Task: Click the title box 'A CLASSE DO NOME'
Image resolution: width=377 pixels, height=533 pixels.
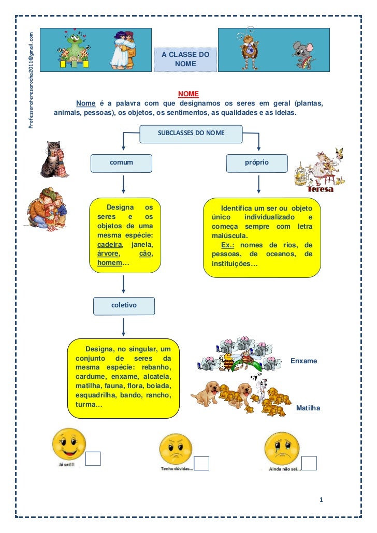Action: [x=185, y=59]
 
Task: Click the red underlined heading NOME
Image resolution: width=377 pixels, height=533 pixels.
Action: [x=189, y=94]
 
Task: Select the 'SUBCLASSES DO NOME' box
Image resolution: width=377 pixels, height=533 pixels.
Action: [x=191, y=133]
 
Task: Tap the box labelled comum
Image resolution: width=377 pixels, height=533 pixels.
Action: [x=121, y=162]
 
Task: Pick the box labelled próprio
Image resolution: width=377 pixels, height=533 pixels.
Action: [x=257, y=162]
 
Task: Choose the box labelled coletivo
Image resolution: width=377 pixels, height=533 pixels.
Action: [x=124, y=305]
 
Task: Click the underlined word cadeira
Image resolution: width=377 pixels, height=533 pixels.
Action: [x=110, y=245]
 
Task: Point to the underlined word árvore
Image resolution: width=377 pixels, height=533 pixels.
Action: [x=108, y=254]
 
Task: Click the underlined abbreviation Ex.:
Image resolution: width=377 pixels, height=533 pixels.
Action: [x=229, y=245]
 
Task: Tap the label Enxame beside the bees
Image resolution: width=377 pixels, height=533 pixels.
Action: [x=303, y=361]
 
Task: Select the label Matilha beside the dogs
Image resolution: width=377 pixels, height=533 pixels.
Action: [x=308, y=409]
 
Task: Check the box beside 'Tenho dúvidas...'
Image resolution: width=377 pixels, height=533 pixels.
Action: [x=201, y=463]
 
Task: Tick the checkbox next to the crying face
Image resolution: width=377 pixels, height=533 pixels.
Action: [x=309, y=463]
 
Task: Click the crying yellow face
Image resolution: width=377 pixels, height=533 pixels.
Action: [x=282, y=449]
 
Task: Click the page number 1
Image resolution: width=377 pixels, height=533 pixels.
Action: [x=322, y=500]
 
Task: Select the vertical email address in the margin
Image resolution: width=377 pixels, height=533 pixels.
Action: [x=32, y=80]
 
